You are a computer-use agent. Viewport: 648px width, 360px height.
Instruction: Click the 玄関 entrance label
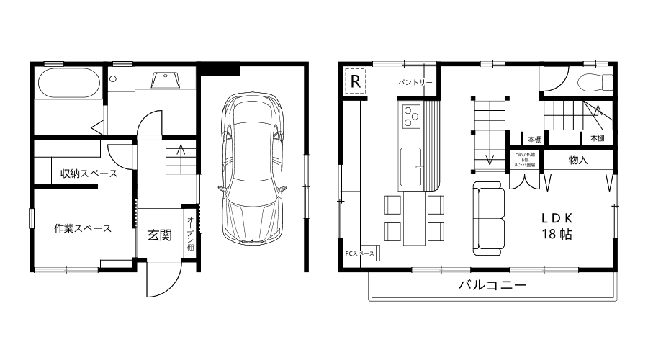click(159, 234)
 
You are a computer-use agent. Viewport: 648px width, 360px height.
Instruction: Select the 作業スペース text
click(83, 229)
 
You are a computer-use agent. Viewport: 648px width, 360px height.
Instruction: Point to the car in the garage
click(253, 167)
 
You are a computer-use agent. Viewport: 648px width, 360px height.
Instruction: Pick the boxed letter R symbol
click(355, 81)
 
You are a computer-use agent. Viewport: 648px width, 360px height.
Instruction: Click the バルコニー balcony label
click(492, 285)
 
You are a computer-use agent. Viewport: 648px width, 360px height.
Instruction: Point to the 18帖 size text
click(557, 235)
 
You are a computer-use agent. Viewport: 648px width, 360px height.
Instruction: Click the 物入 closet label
click(578, 160)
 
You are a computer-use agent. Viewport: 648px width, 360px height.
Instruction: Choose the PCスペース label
click(359, 253)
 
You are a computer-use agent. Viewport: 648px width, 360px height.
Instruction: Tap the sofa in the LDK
click(489, 217)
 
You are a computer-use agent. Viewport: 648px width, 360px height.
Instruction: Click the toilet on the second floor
click(595, 81)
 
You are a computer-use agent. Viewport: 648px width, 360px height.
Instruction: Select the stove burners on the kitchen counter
click(411, 115)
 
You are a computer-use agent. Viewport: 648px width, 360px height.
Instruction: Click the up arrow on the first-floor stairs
click(180, 153)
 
